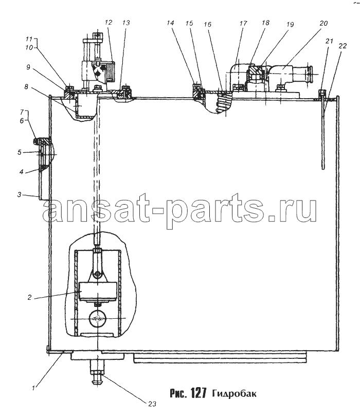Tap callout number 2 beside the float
(x=29, y=298)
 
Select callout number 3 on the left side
(x=19, y=194)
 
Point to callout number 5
(x=20, y=152)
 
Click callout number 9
(x=28, y=67)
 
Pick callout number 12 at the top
(x=108, y=22)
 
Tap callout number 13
(x=126, y=23)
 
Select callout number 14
(x=170, y=23)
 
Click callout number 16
(x=207, y=24)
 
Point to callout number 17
(x=243, y=23)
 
